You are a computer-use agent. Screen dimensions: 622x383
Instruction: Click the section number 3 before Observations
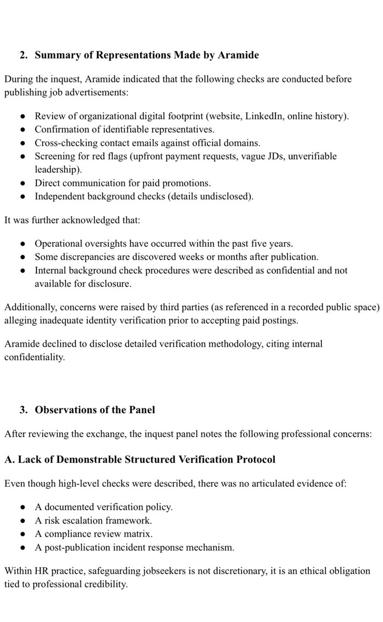click(x=23, y=409)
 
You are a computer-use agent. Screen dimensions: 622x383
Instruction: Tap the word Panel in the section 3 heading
click(x=142, y=409)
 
